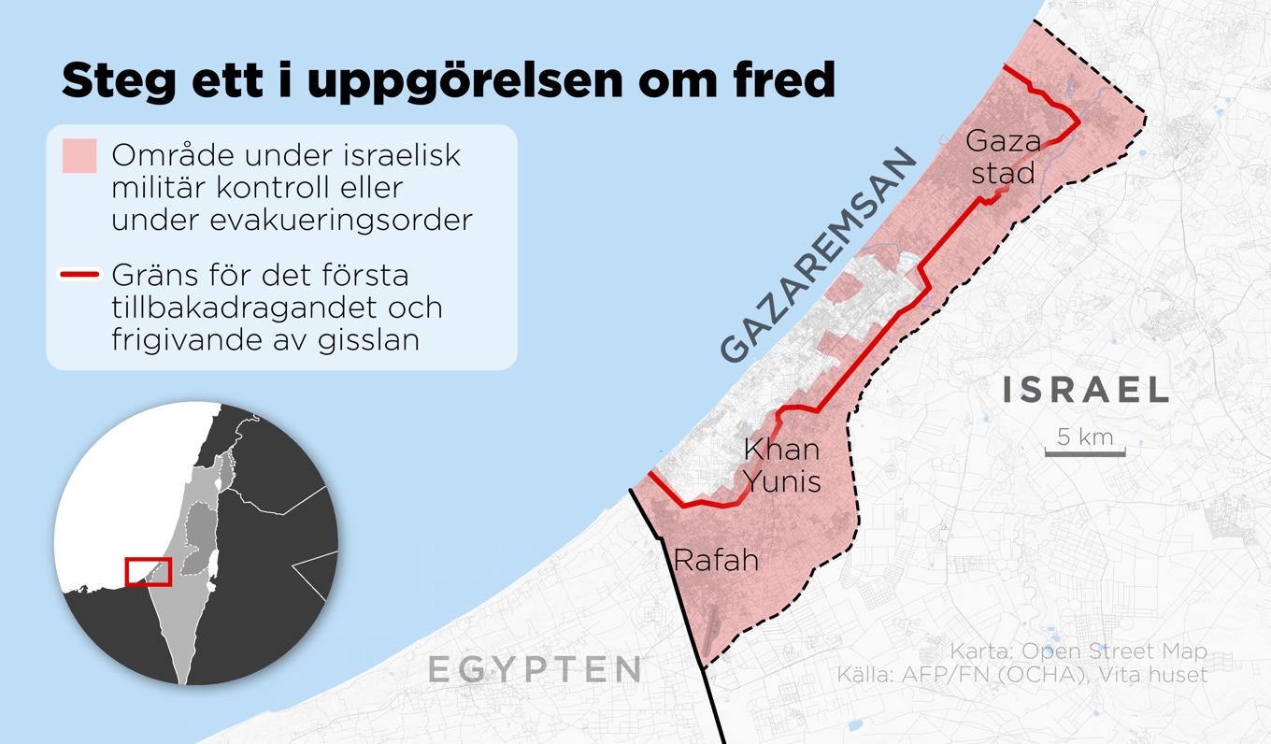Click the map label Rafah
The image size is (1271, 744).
[x=715, y=561]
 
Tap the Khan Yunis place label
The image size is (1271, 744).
[x=782, y=465]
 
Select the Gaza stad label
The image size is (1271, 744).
[x=1002, y=157]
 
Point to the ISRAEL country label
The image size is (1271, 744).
[x=1085, y=390]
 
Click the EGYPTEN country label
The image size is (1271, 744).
[x=535, y=669]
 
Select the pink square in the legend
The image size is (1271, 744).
[x=79, y=156]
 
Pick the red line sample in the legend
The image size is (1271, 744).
[x=79, y=276]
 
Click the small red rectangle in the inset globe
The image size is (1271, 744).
[x=149, y=571]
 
